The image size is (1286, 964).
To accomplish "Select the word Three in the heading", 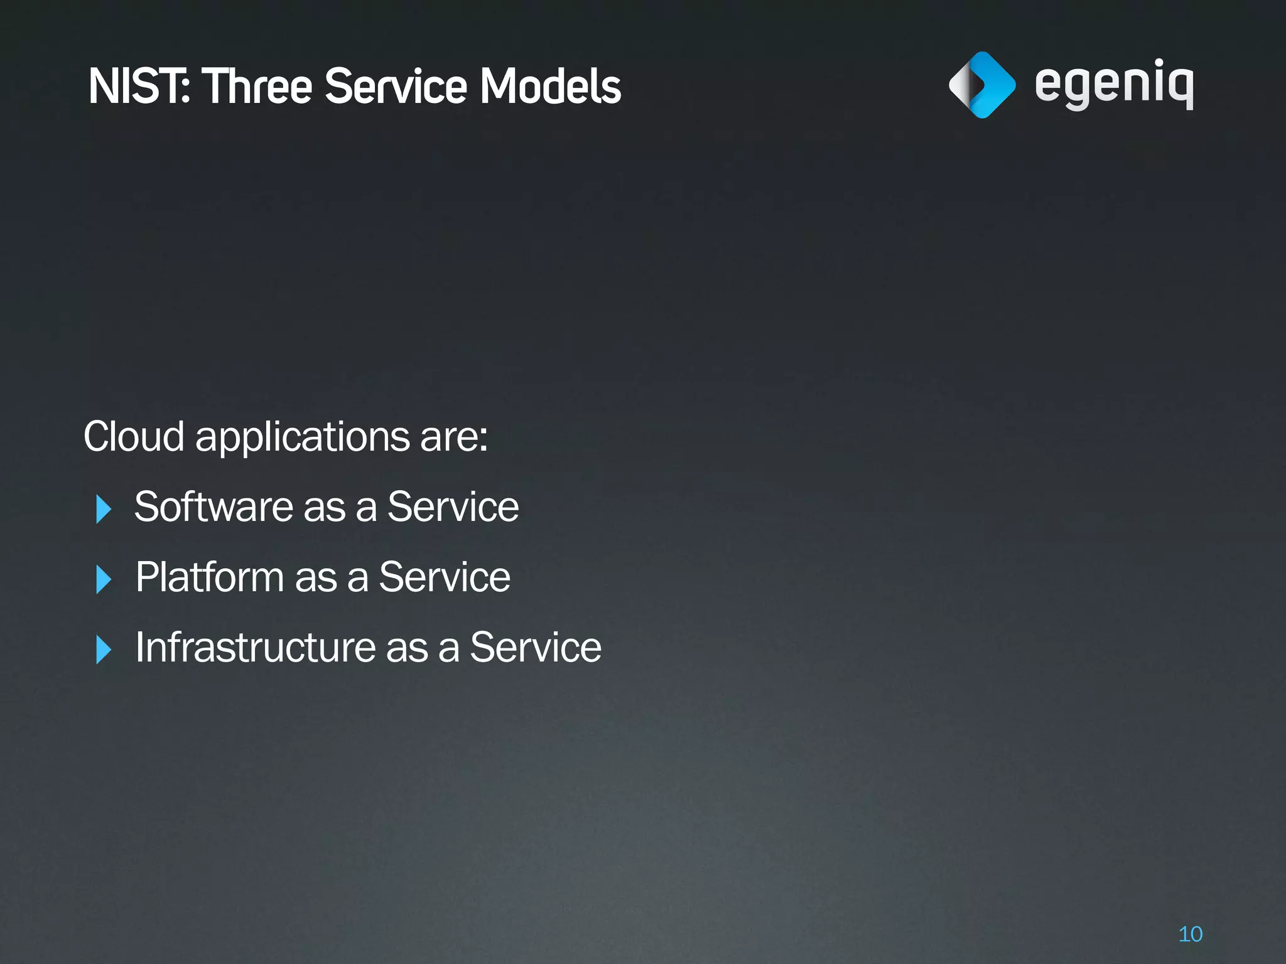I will [257, 86].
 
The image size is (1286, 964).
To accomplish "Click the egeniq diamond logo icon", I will [981, 85].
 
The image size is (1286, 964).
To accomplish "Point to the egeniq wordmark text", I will [1114, 85].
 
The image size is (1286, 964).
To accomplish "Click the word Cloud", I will [134, 436].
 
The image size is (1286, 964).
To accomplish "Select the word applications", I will [303, 437].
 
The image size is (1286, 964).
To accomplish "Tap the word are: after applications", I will [454, 437].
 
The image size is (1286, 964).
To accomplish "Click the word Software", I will [213, 506].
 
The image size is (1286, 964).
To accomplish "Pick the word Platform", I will [210, 577].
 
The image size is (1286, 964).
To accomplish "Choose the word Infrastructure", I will [256, 647].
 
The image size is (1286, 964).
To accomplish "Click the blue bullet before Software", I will [103, 508].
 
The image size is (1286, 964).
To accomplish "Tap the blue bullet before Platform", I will [103, 579].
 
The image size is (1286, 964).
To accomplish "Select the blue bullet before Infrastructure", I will [103, 649].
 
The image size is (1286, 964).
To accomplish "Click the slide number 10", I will [1190, 934].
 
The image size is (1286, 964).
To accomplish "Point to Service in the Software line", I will [453, 506].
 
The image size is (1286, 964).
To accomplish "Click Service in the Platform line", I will [445, 577].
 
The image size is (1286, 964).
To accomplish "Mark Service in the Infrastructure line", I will [536, 647].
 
